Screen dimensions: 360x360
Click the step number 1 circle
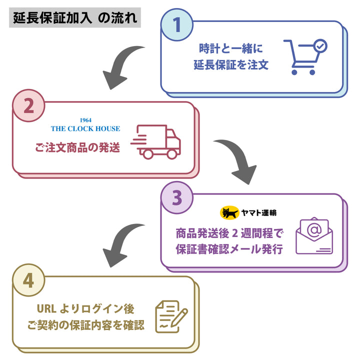tap(176, 24)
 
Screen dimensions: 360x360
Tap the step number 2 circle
tap(28, 105)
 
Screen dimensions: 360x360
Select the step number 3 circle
tap(176, 198)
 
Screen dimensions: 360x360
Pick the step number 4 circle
tap(28, 280)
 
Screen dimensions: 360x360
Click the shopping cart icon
tap(304, 56)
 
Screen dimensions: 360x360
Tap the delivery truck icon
tap(156, 141)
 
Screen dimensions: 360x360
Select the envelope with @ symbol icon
tap(313, 236)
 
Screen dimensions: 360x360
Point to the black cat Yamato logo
tap(230, 212)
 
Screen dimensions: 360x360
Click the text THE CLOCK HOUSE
tap(85, 128)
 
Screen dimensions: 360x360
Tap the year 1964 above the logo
tap(85, 120)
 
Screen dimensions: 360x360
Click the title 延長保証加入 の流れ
tap(74, 19)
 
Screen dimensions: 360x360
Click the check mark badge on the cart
tap(319, 46)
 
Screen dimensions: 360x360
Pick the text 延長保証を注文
tap(231, 64)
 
